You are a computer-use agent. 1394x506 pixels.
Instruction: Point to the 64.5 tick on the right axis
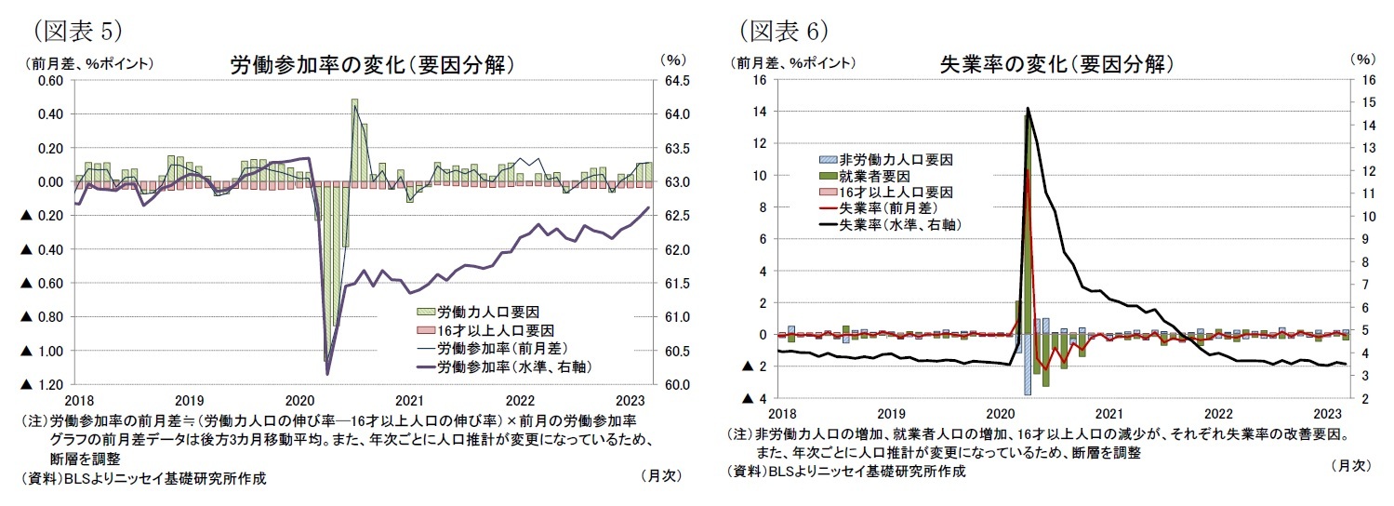[x=677, y=81]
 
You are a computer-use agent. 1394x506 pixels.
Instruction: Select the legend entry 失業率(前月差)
[x=884, y=208]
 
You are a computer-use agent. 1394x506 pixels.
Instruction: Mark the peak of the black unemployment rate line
[x=1028, y=109]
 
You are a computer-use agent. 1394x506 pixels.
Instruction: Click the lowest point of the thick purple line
[x=328, y=374]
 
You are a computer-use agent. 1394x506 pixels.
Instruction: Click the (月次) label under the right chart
[x=1350, y=464]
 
